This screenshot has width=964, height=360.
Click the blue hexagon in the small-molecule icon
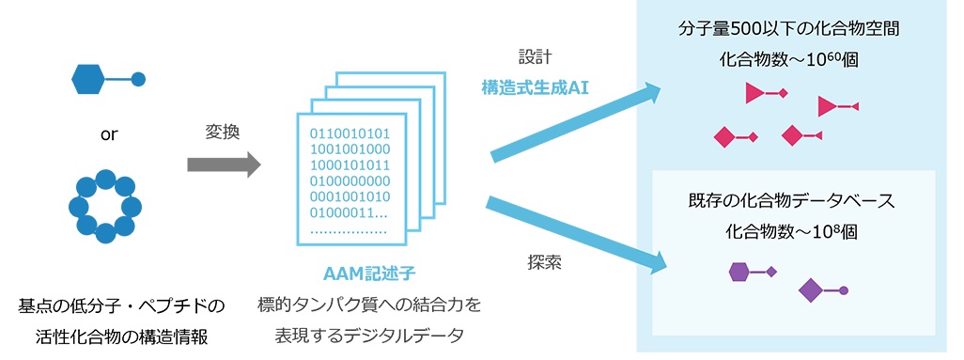[x=86, y=79]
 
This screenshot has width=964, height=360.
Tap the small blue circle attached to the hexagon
[x=138, y=79]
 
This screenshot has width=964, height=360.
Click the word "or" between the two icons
[x=108, y=135]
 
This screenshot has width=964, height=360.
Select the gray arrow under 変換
[x=224, y=164]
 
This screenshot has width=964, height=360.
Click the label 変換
[x=223, y=132]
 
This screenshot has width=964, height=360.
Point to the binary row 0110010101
[x=350, y=133]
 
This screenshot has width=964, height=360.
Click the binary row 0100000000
[x=350, y=181]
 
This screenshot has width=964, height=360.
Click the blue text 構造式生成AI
[x=536, y=87]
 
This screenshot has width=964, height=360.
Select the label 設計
[x=535, y=57]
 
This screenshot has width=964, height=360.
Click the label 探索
[x=544, y=263]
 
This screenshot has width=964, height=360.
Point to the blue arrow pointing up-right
[x=576, y=122]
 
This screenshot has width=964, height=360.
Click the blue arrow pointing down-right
[x=577, y=234]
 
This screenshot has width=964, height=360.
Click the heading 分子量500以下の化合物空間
[x=789, y=29]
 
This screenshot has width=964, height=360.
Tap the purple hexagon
[x=739, y=271]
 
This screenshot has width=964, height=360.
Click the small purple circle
[x=844, y=290]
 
